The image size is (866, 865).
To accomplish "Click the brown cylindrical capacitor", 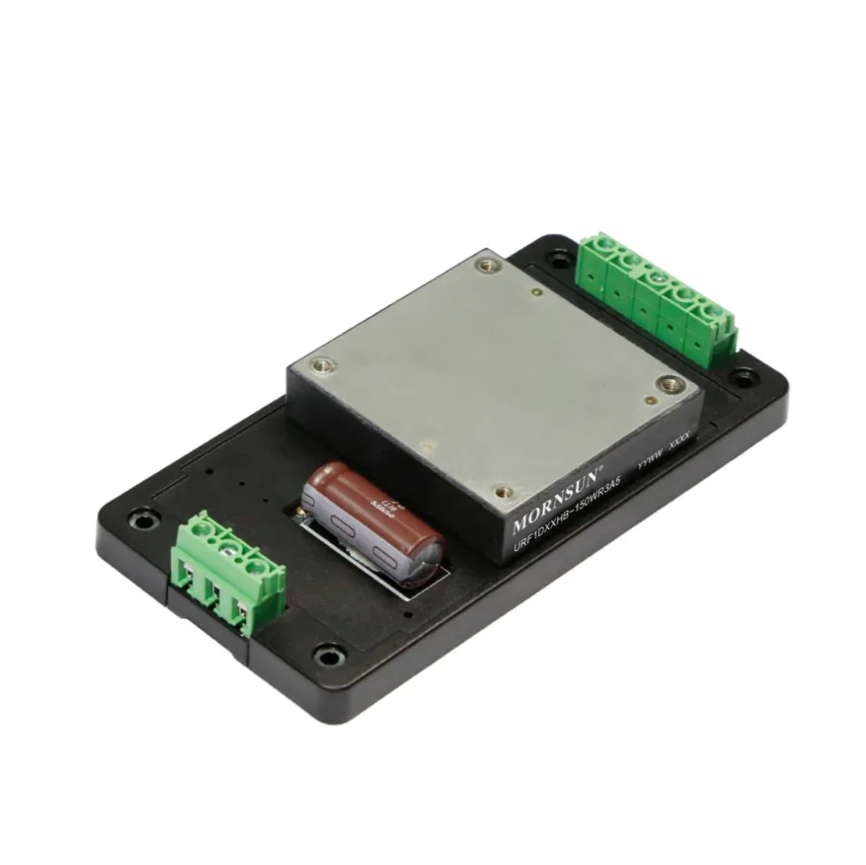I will [x=370, y=512].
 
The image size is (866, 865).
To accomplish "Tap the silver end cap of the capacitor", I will [x=425, y=562].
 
